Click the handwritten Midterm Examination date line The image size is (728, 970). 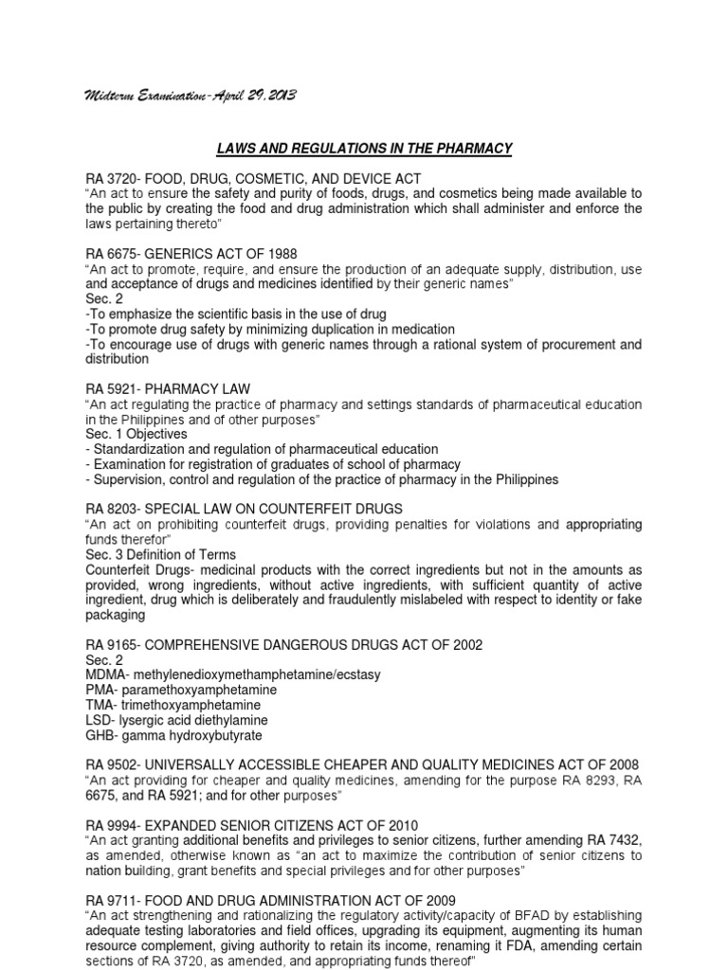191,97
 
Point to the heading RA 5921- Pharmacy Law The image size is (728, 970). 180,389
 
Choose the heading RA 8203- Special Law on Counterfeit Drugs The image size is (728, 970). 244,509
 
